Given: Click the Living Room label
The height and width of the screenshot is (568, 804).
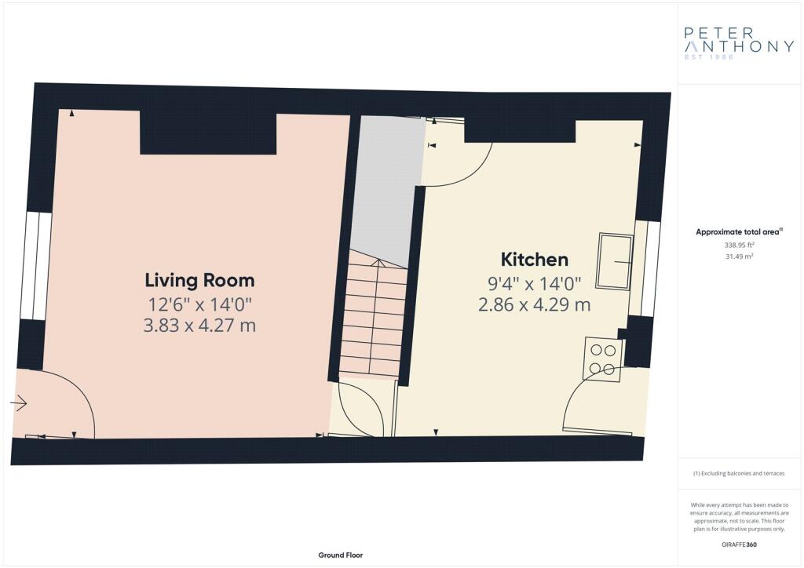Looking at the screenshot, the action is point(199,280).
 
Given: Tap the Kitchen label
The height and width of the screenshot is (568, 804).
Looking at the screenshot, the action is point(534,259).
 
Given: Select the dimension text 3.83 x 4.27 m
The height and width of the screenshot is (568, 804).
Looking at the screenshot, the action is point(199,326).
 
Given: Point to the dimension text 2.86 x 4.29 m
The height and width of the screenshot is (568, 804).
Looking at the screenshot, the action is point(534,304).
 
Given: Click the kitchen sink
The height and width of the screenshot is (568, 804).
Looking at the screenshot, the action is point(615,261).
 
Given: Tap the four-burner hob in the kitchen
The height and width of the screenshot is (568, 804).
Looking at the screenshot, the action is point(603,359).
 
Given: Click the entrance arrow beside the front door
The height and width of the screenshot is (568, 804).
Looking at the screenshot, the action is point(19,403).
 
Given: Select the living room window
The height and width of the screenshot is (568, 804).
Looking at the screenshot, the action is point(36,266).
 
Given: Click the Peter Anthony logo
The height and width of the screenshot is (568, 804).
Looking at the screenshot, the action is point(739,43).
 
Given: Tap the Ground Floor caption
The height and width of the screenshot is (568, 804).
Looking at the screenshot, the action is point(341,555).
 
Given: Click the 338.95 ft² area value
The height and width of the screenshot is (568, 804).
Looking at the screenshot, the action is point(739,245).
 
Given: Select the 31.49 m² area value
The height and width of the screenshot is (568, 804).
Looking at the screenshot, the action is point(739,257).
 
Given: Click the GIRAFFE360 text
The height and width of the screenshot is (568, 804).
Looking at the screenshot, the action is point(739,544).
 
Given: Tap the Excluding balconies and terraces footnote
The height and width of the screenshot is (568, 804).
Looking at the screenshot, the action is point(739,473).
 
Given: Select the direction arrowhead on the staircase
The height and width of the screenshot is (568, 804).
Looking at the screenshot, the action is point(378,263).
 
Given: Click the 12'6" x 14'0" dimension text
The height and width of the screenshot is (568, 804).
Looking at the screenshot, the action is point(199,304).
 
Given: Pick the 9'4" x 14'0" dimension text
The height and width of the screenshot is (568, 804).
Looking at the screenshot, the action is point(534,283).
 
